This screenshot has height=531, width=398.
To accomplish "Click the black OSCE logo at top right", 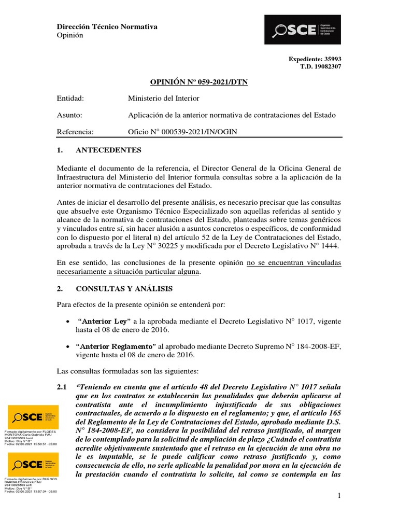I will click(x=303, y=30).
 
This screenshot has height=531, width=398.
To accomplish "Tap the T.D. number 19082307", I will click(x=328, y=66).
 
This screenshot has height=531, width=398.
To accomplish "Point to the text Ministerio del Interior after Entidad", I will click(x=163, y=98).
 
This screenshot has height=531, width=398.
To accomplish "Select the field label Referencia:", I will click(x=75, y=132).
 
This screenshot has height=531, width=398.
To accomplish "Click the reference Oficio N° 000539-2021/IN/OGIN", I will click(x=182, y=132).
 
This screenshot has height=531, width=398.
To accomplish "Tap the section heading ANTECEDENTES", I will click(x=108, y=150).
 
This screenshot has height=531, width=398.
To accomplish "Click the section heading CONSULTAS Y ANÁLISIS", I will click(x=124, y=288).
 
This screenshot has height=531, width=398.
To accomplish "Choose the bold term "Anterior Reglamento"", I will click(x=116, y=346).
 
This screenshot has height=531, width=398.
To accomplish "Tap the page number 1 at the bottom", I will click(x=339, y=497).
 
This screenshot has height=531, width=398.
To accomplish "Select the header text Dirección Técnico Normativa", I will click(x=107, y=26).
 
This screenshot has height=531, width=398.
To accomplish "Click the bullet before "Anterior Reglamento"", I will click(x=68, y=346).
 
